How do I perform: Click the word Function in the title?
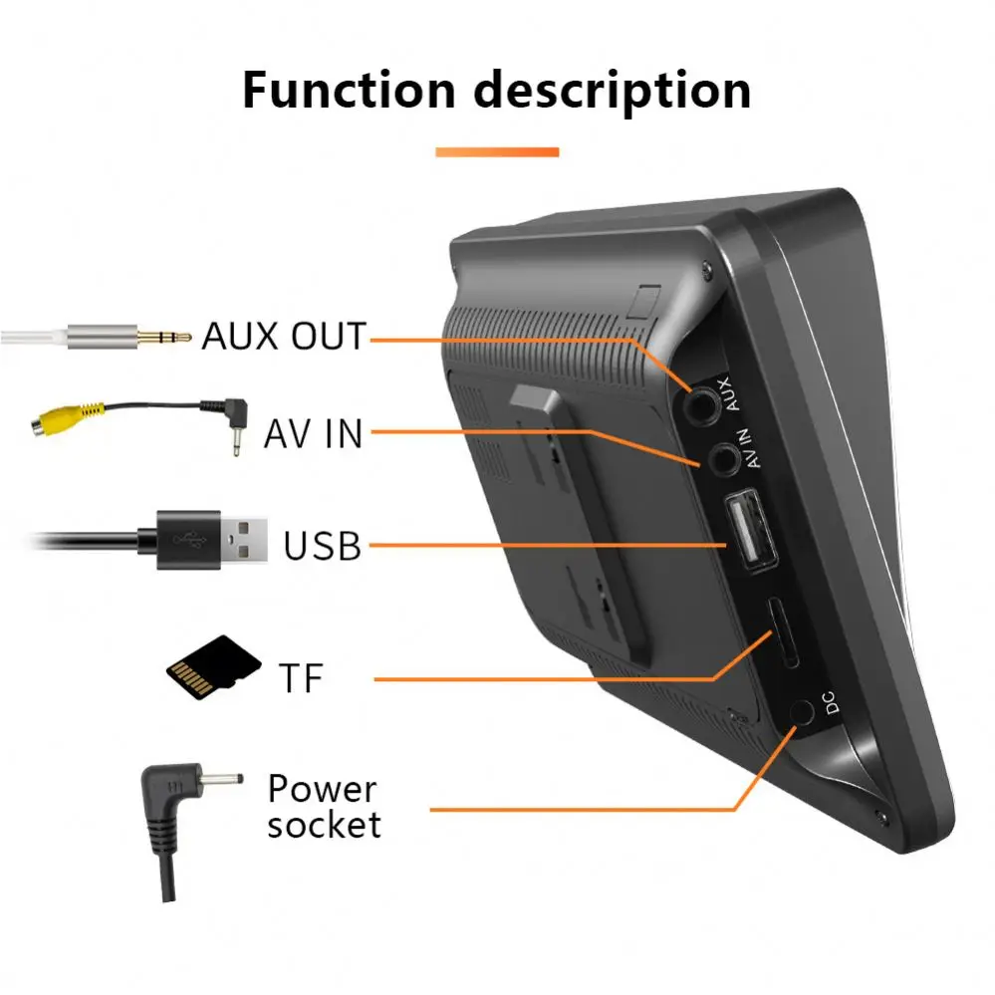350,91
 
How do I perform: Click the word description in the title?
612,91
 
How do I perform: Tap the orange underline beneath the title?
497,151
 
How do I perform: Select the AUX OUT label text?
284,337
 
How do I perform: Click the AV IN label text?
314,433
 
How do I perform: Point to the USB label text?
322,546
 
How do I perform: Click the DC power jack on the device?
803,713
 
